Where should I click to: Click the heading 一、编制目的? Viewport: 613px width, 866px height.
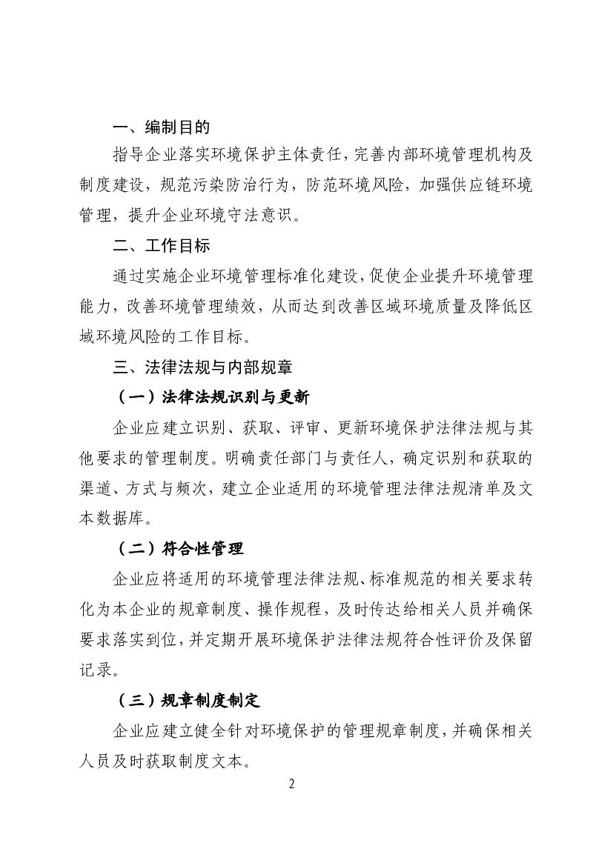pyautogui.click(x=156, y=127)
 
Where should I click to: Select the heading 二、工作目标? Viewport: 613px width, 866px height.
pyautogui.click(x=156, y=245)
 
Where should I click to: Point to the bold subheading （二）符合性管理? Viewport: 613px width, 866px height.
pyautogui.click(x=181, y=549)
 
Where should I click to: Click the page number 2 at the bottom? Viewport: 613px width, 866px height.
pyautogui.click(x=291, y=784)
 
